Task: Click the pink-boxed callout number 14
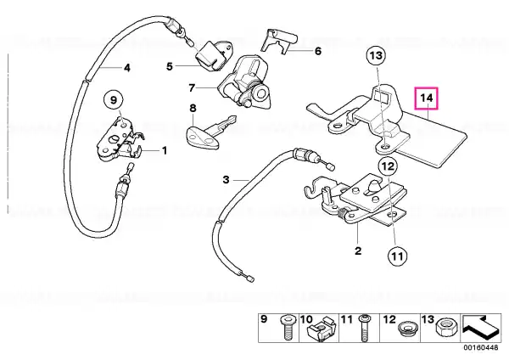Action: (427, 98)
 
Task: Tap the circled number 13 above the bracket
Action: (376, 56)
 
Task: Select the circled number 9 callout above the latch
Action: (114, 100)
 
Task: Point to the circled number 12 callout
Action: (388, 166)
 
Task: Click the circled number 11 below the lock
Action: (397, 256)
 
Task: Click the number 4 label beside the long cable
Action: (127, 68)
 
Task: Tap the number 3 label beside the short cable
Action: (227, 179)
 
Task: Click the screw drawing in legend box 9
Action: (287, 328)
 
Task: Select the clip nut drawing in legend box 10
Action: (320, 329)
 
